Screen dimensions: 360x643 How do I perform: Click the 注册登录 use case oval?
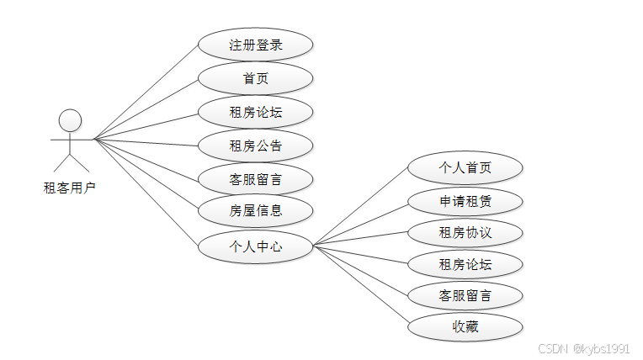255,45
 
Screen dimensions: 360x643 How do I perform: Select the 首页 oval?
255,78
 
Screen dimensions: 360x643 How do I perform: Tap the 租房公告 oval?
255,146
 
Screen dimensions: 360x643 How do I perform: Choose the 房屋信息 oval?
255,210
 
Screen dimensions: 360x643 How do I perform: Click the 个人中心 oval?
255,246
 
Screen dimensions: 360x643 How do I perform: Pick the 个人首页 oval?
465,167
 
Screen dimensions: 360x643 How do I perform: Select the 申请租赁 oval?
465,201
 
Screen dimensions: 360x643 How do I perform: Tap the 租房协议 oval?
465,233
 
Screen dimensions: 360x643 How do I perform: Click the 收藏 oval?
465,326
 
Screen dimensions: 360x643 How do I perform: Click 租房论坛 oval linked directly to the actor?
255,112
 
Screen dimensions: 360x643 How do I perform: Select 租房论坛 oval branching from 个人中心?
465,266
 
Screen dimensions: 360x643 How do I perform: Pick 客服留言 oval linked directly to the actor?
255,179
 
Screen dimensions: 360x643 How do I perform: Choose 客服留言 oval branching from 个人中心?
465,296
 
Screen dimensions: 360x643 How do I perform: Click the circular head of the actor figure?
71,119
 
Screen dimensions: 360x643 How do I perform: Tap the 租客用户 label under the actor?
70,187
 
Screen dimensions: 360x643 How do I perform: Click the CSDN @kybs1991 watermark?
583,347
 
